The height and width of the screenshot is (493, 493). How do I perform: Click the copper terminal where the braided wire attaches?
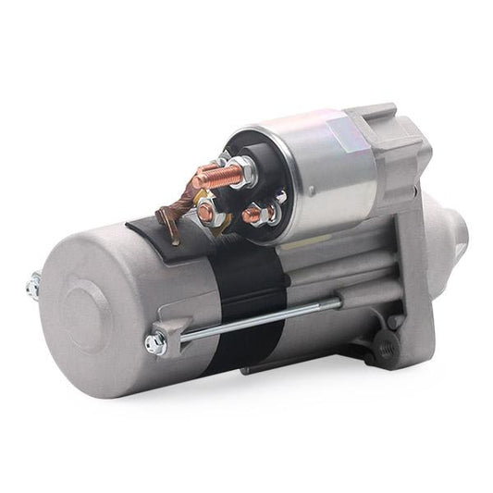[x=206, y=212]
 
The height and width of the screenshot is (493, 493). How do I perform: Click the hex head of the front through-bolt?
[x=155, y=343]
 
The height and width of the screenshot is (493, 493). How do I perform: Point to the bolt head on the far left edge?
[x=32, y=287]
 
